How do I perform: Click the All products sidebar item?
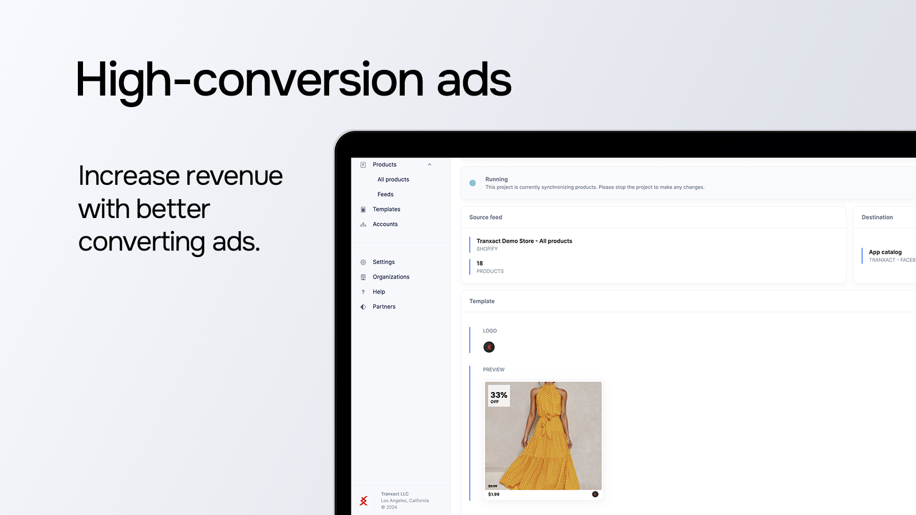tap(393, 180)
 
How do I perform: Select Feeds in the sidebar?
tap(385, 195)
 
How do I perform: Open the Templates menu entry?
tap(386, 209)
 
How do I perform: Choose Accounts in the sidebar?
tap(385, 224)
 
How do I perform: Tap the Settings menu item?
tap(384, 262)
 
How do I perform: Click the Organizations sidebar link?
tap(391, 277)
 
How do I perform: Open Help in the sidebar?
tap(378, 292)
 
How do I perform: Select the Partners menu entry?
tap(384, 307)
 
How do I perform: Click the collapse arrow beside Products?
tap(429, 165)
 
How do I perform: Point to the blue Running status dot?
tap(472, 183)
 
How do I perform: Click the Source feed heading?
tap(485, 217)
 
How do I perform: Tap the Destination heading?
tap(877, 217)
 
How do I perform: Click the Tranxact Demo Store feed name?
tap(524, 241)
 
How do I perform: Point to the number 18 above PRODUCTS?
tap(480, 263)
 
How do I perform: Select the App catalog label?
tap(885, 252)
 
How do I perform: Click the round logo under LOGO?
tap(489, 347)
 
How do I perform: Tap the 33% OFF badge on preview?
tap(499, 397)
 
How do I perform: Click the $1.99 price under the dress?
tap(493, 494)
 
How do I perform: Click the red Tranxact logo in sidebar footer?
tap(364, 501)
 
